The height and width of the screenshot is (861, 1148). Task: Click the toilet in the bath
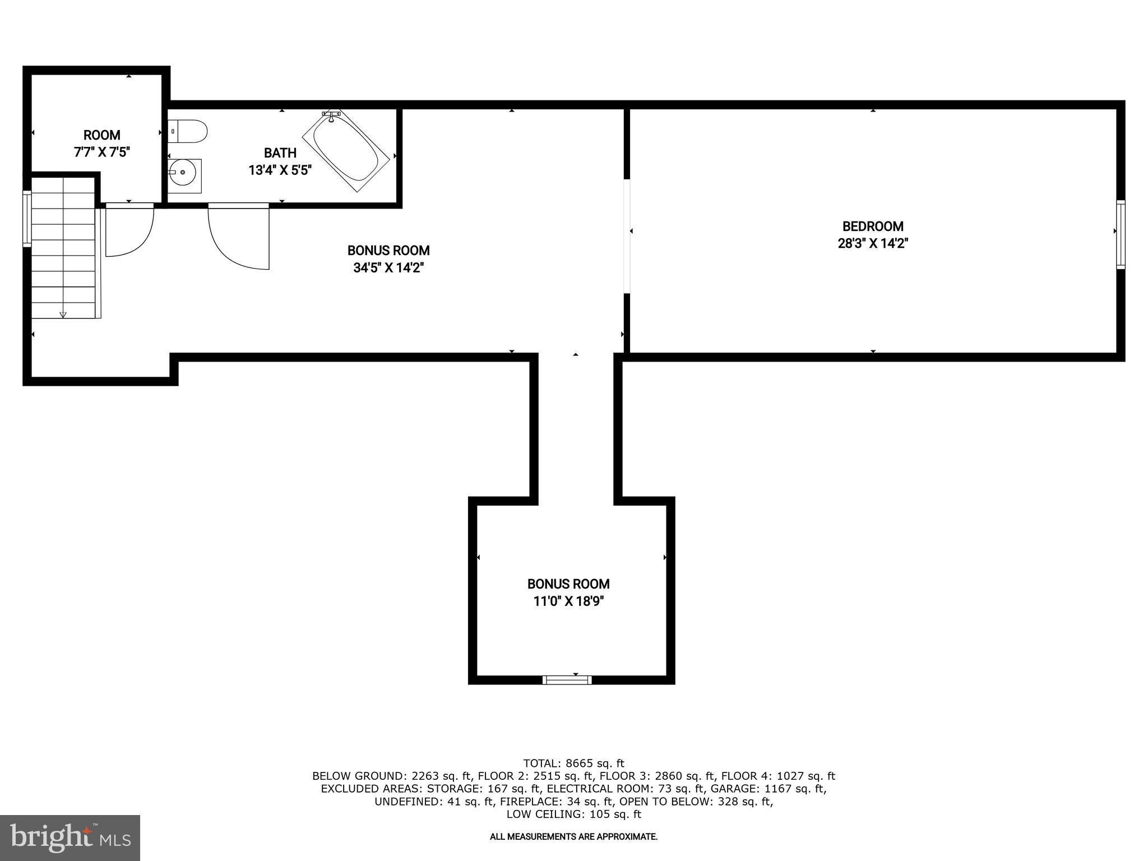[189, 131]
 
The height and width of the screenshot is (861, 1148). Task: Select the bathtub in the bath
[346, 150]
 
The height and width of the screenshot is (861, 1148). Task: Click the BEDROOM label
[873, 226]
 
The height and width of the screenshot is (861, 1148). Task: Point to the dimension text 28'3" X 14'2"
[873, 243]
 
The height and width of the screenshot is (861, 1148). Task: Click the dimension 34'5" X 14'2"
[388, 268]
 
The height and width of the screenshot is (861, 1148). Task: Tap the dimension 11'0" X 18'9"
[568, 601]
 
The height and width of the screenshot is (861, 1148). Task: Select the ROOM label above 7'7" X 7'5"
[101, 135]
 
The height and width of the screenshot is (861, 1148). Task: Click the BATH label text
[280, 153]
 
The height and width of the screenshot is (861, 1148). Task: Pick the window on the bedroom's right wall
[1120, 234]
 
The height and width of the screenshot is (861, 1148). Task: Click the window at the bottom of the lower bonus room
[567, 680]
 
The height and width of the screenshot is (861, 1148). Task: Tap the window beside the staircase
[26, 218]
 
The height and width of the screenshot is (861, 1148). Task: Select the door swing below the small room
[129, 230]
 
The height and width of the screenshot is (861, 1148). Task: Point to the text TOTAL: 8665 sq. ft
[573, 763]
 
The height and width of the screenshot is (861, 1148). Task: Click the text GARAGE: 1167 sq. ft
[769, 789]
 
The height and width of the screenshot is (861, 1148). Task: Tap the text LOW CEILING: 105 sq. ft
[573, 814]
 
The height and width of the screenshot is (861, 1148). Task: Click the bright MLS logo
[70, 837]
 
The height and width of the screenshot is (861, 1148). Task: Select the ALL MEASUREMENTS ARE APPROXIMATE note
[573, 837]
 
